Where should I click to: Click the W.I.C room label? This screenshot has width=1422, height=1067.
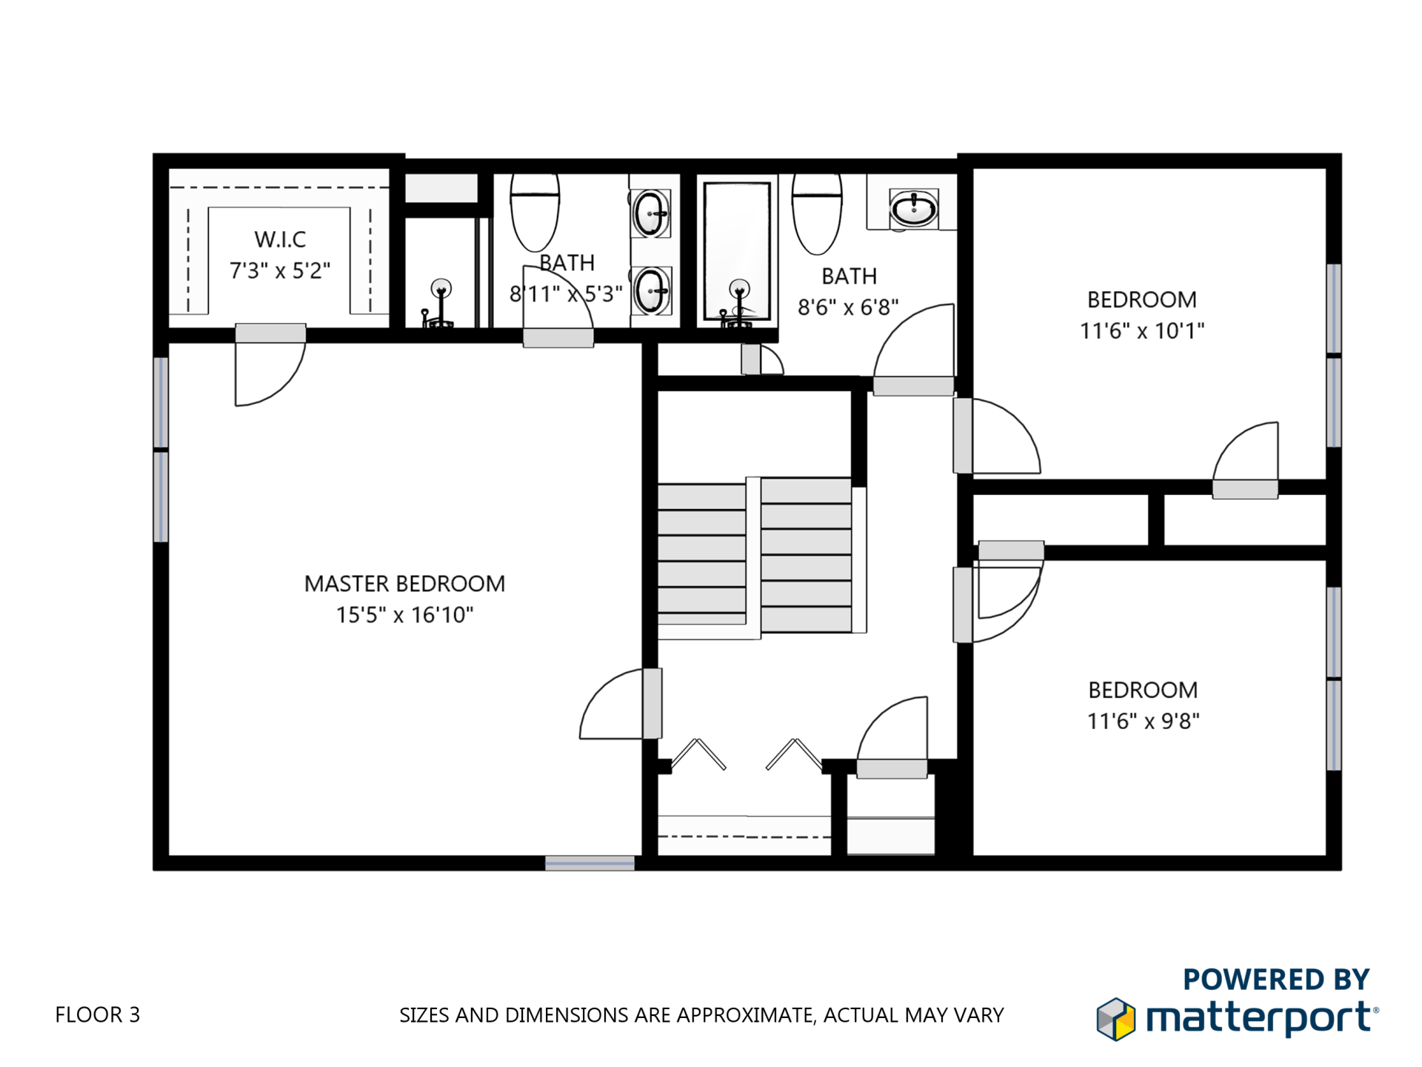pyautogui.click(x=280, y=239)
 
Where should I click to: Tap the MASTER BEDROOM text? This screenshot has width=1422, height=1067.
pyautogui.click(x=404, y=584)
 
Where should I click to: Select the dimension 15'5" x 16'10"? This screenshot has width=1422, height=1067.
pyautogui.click(x=404, y=615)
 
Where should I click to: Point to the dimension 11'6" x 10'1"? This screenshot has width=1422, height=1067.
pyautogui.click(x=1141, y=330)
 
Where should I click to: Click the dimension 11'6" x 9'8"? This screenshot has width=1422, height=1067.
pyautogui.click(x=1143, y=721)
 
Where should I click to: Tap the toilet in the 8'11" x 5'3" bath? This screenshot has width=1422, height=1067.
pyautogui.click(x=535, y=212)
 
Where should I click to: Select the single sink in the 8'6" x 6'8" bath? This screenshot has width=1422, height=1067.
pyautogui.click(x=914, y=208)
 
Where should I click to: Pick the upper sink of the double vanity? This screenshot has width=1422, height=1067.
pyautogui.click(x=651, y=213)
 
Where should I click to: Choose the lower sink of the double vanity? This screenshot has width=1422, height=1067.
pyautogui.click(x=651, y=291)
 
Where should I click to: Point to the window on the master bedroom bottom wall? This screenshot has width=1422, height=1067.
pyautogui.click(x=590, y=863)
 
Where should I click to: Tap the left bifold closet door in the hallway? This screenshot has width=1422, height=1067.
pyautogui.click(x=698, y=754)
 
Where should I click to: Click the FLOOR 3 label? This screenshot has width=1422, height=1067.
pyautogui.click(x=97, y=1014)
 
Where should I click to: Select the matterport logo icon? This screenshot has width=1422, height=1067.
pyautogui.click(x=1115, y=1019)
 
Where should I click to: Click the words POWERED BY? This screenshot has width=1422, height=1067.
pyautogui.click(x=1275, y=979)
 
